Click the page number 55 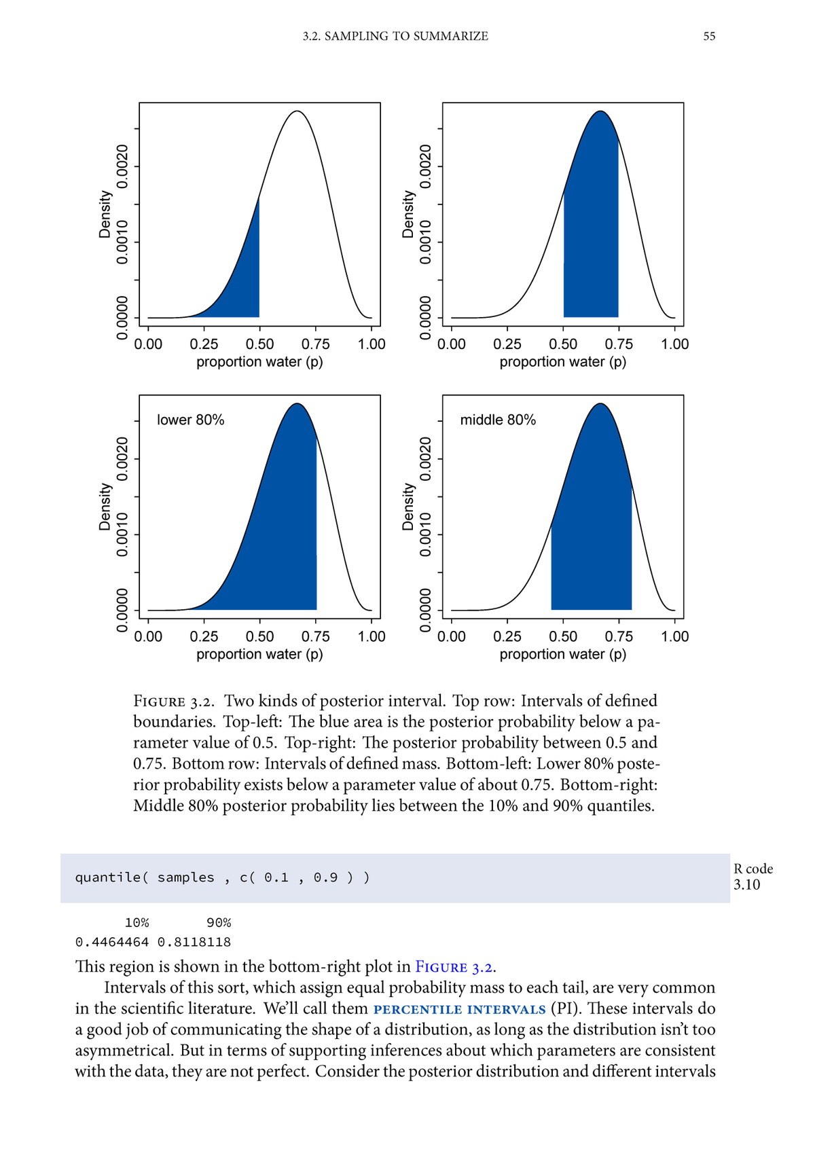click(x=709, y=36)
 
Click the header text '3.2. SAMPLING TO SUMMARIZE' click(x=395, y=36)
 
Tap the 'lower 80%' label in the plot click(x=190, y=420)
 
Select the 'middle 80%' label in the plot click(x=498, y=420)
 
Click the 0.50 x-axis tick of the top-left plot click(x=259, y=344)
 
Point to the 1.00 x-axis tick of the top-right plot click(x=674, y=344)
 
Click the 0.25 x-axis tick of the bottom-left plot click(x=204, y=636)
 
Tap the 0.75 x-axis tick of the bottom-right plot click(x=619, y=636)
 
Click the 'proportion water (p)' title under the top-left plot click(x=259, y=362)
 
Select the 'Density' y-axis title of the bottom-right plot click(x=408, y=507)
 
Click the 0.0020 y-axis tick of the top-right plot click(x=426, y=166)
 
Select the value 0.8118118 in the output click(x=194, y=942)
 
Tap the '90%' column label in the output click(x=219, y=922)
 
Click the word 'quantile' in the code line click(x=109, y=877)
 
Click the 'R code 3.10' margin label click(x=753, y=877)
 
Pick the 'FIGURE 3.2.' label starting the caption click(x=174, y=702)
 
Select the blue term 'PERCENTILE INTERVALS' click(x=459, y=1009)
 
